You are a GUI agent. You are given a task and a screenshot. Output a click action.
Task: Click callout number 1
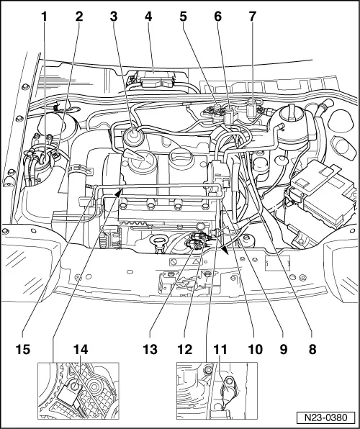pos(44,15)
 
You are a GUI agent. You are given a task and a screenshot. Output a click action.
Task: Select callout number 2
pos(78,15)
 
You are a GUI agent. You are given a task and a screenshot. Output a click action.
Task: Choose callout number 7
pos(253,15)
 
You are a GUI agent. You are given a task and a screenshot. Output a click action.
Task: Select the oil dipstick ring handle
pos(161,257)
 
